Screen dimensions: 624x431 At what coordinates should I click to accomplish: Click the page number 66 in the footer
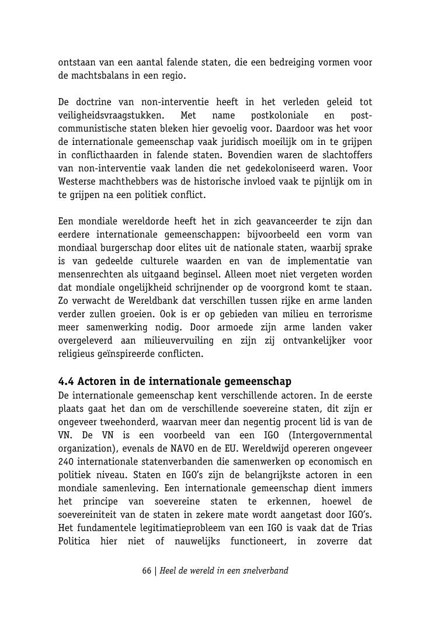click(147, 570)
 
